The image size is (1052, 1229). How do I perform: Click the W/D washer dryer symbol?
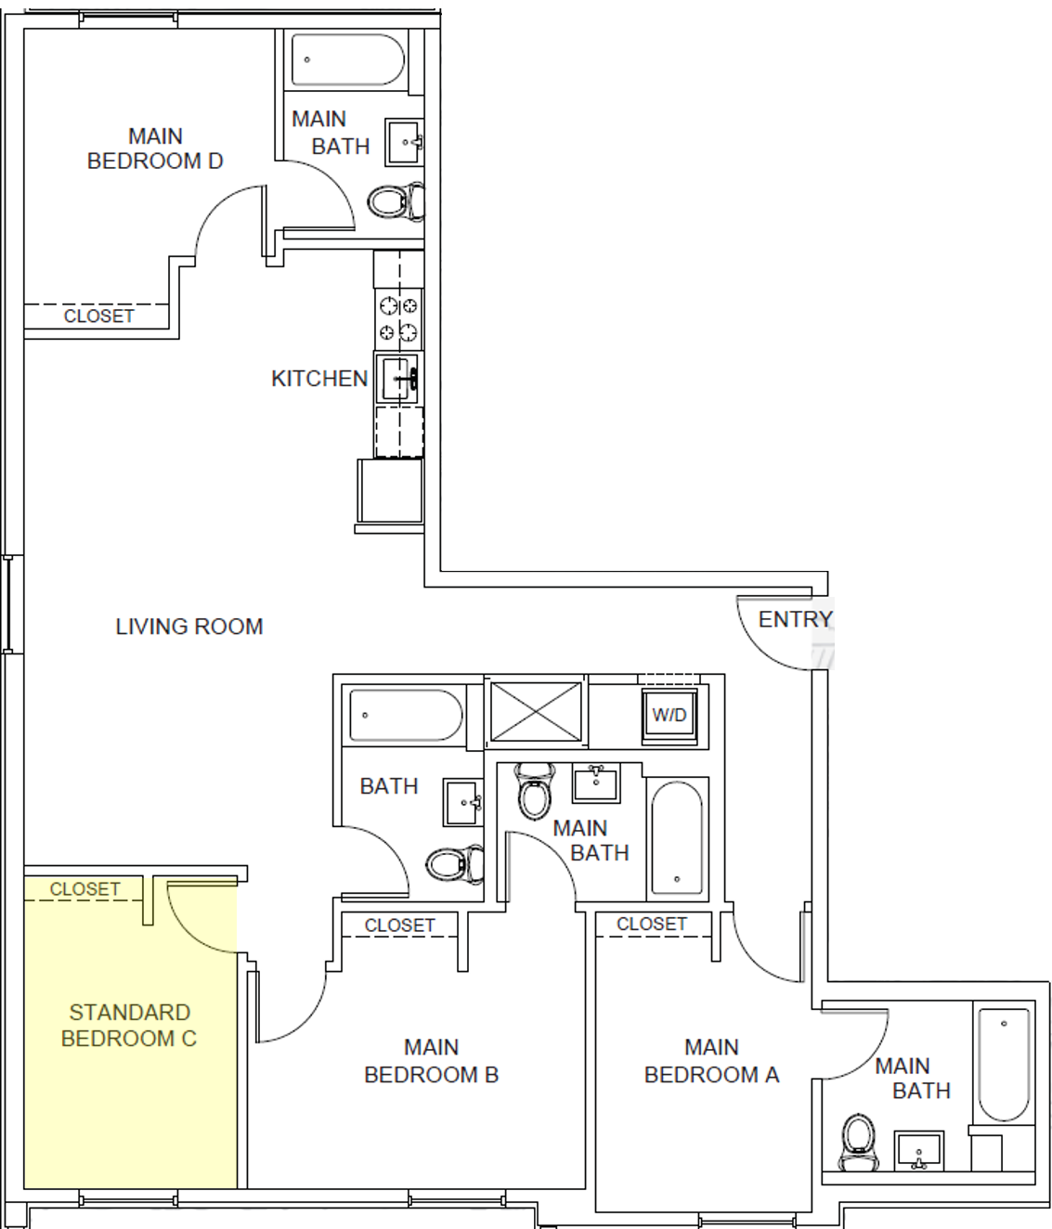coord(669,716)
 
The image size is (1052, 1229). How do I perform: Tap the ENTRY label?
coord(795,619)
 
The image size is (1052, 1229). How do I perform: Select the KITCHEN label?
coord(318,379)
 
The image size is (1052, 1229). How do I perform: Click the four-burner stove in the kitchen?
coord(398,318)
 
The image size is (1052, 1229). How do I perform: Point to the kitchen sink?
coord(398,378)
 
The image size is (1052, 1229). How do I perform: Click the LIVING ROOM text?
coord(188,627)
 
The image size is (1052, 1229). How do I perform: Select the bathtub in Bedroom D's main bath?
coord(348,60)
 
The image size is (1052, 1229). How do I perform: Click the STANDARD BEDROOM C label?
coord(129,1025)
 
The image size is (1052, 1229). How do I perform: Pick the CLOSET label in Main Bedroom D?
coord(98,316)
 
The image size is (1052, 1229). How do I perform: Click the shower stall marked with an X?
coord(536,712)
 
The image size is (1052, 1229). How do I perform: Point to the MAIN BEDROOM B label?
coord(431,1061)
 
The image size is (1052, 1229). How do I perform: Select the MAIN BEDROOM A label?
coord(711,1061)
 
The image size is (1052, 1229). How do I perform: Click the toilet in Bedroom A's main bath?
coord(859,1141)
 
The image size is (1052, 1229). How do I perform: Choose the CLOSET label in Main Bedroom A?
coord(651,924)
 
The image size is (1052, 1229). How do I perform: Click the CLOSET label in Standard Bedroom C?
coord(84,889)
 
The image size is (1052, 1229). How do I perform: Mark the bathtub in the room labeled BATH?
coord(403,716)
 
